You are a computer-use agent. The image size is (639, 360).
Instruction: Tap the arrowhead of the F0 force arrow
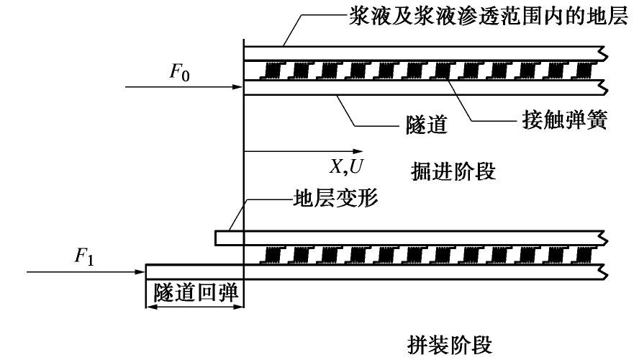pyautogui.click(x=240, y=87)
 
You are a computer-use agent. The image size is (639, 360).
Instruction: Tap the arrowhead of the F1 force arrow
pyautogui.click(x=141, y=272)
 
